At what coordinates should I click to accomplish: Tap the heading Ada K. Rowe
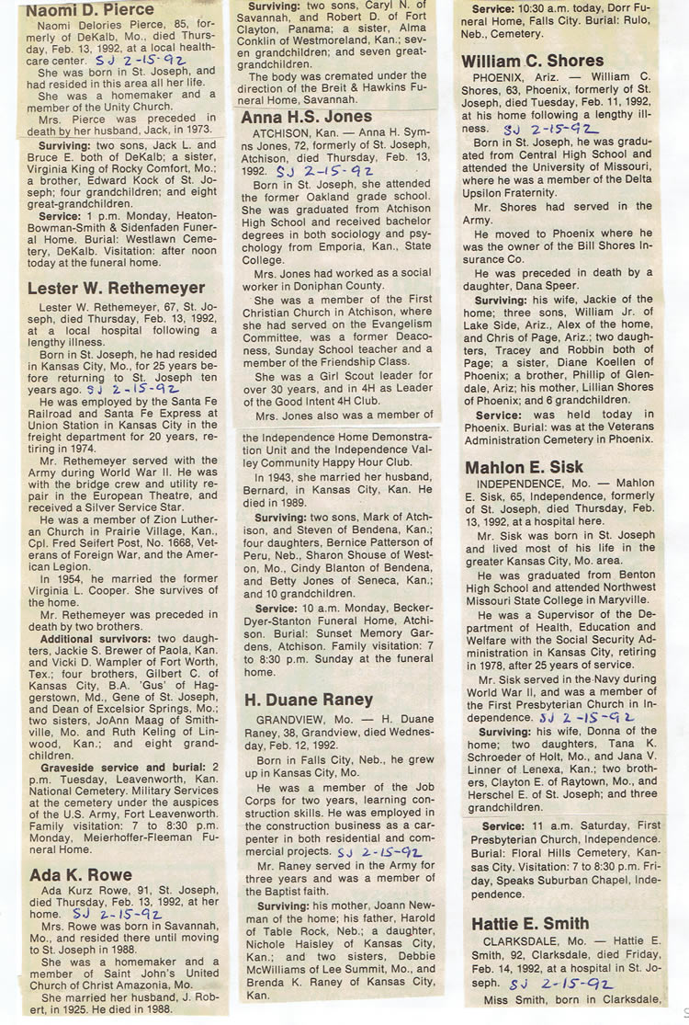point(81,874)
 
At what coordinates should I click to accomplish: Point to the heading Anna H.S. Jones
point(307,118)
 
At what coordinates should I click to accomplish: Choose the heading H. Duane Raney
point(309,700)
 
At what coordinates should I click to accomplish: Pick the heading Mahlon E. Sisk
point(524,468)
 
